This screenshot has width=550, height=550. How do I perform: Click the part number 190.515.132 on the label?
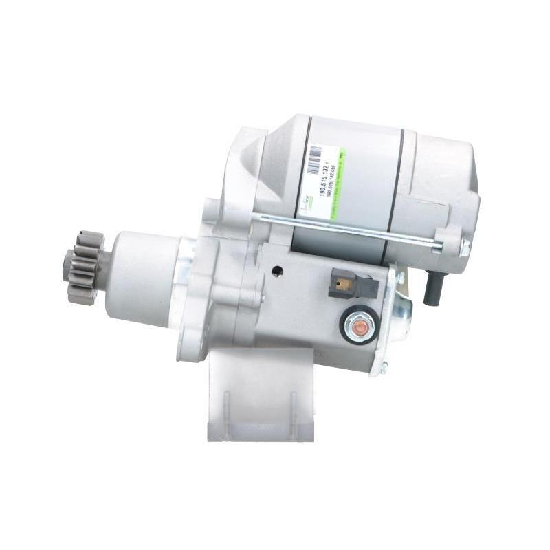point(322,177)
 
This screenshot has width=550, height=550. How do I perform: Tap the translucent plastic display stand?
point(261,399)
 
